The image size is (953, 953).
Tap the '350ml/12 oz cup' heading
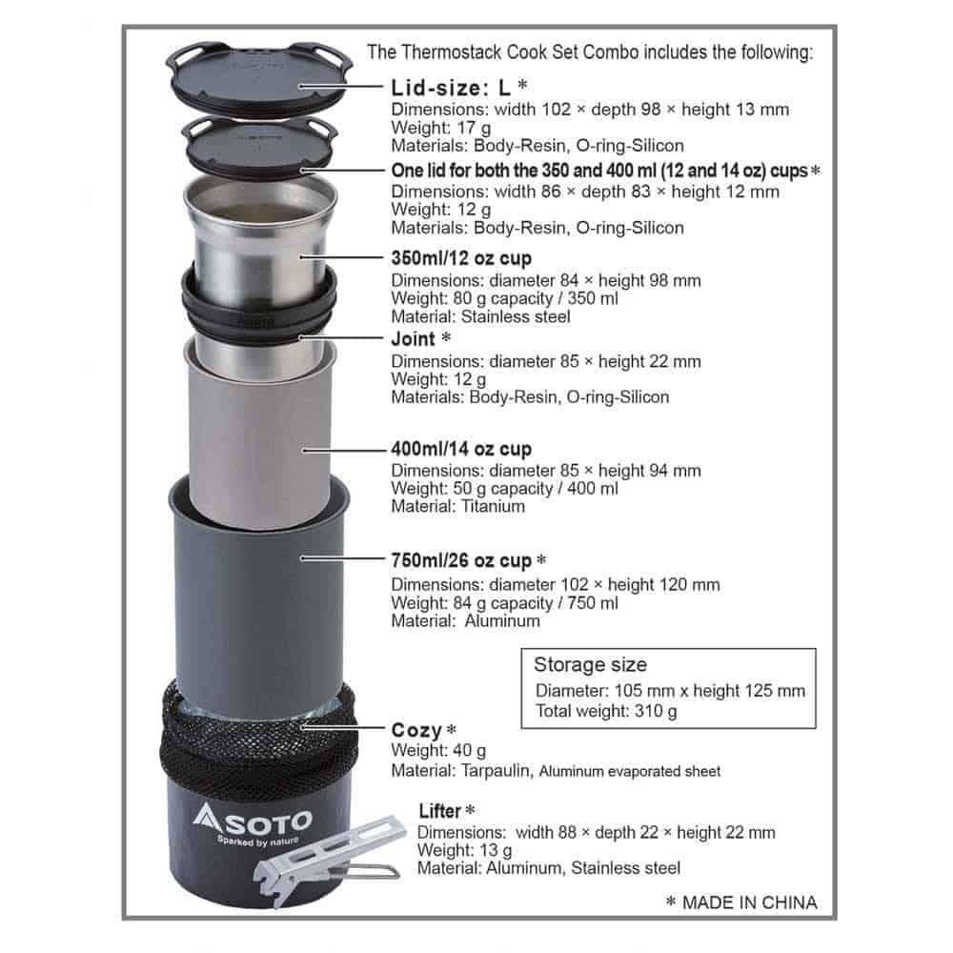tap(461, 258)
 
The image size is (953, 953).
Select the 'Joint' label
tap(414, 339)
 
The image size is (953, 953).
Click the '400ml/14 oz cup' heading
tap(461, 449)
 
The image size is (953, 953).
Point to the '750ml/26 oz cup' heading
tap(461, 560)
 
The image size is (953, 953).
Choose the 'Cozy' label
tap(417, 731)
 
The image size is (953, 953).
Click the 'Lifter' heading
tap(440, 811)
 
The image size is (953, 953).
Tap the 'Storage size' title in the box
tap(590, 665)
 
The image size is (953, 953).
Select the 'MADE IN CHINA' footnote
tap(748, 902)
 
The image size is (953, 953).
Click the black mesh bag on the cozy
tap(257, 739)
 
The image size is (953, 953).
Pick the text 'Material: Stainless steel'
tap(481, 316)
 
